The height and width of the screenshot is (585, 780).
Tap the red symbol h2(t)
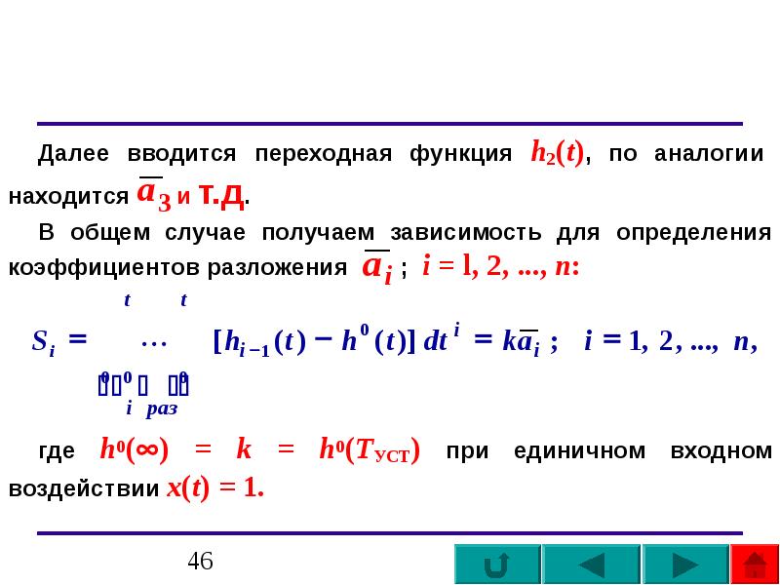coord(557,155)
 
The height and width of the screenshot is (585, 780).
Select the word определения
coord(694,233)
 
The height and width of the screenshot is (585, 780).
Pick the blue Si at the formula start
coord(42,342)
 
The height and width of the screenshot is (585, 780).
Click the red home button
coord(755,565)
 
